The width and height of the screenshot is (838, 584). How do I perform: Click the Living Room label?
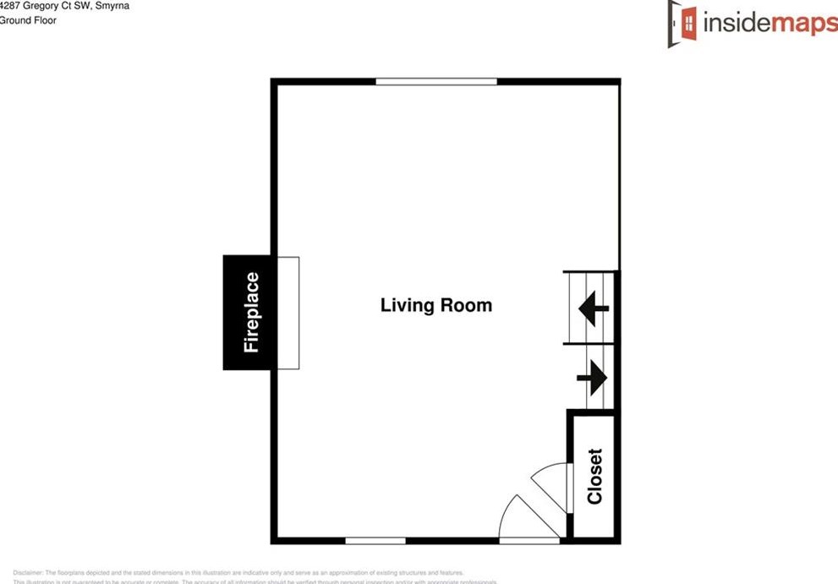click(x=435, y=305)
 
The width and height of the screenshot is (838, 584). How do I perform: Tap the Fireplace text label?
click(x=251, y=312)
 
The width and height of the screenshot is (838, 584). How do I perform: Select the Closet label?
click(x=594, y=476)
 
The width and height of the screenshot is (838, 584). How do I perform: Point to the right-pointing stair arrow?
click(x=593, y=377)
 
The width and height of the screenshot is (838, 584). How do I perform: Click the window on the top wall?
click(x=436, y=81)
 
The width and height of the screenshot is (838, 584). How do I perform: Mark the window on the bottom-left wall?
click(x=375, y=540)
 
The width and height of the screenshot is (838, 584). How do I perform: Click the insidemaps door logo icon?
click(x=682, y=23)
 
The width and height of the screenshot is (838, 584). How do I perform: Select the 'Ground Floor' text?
click(x=28, y=20)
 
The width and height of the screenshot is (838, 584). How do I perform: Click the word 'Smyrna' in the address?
click(x=112, y=5)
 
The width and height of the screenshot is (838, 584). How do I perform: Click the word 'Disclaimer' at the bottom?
click(x=28, y=572)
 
